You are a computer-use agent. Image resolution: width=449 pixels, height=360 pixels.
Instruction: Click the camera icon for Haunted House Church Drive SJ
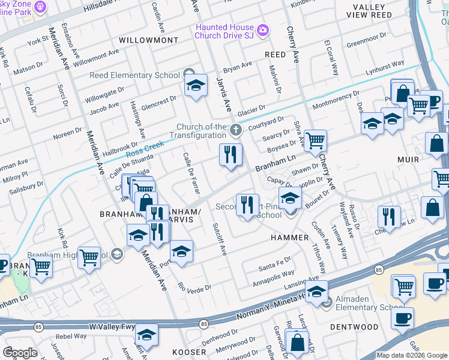[262, 30]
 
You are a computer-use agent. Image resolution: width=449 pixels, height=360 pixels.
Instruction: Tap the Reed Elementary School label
[134, 75]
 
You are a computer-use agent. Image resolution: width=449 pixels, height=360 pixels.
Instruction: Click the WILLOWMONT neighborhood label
[148, 40]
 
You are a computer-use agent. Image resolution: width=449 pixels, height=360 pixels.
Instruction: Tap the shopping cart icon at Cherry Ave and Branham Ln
[315, 142]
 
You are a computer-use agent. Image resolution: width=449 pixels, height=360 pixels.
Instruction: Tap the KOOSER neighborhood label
[189, 352]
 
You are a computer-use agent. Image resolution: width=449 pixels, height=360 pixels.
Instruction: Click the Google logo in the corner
[20, 353]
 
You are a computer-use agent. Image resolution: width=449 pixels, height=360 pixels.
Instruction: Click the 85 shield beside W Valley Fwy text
[38, 327]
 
